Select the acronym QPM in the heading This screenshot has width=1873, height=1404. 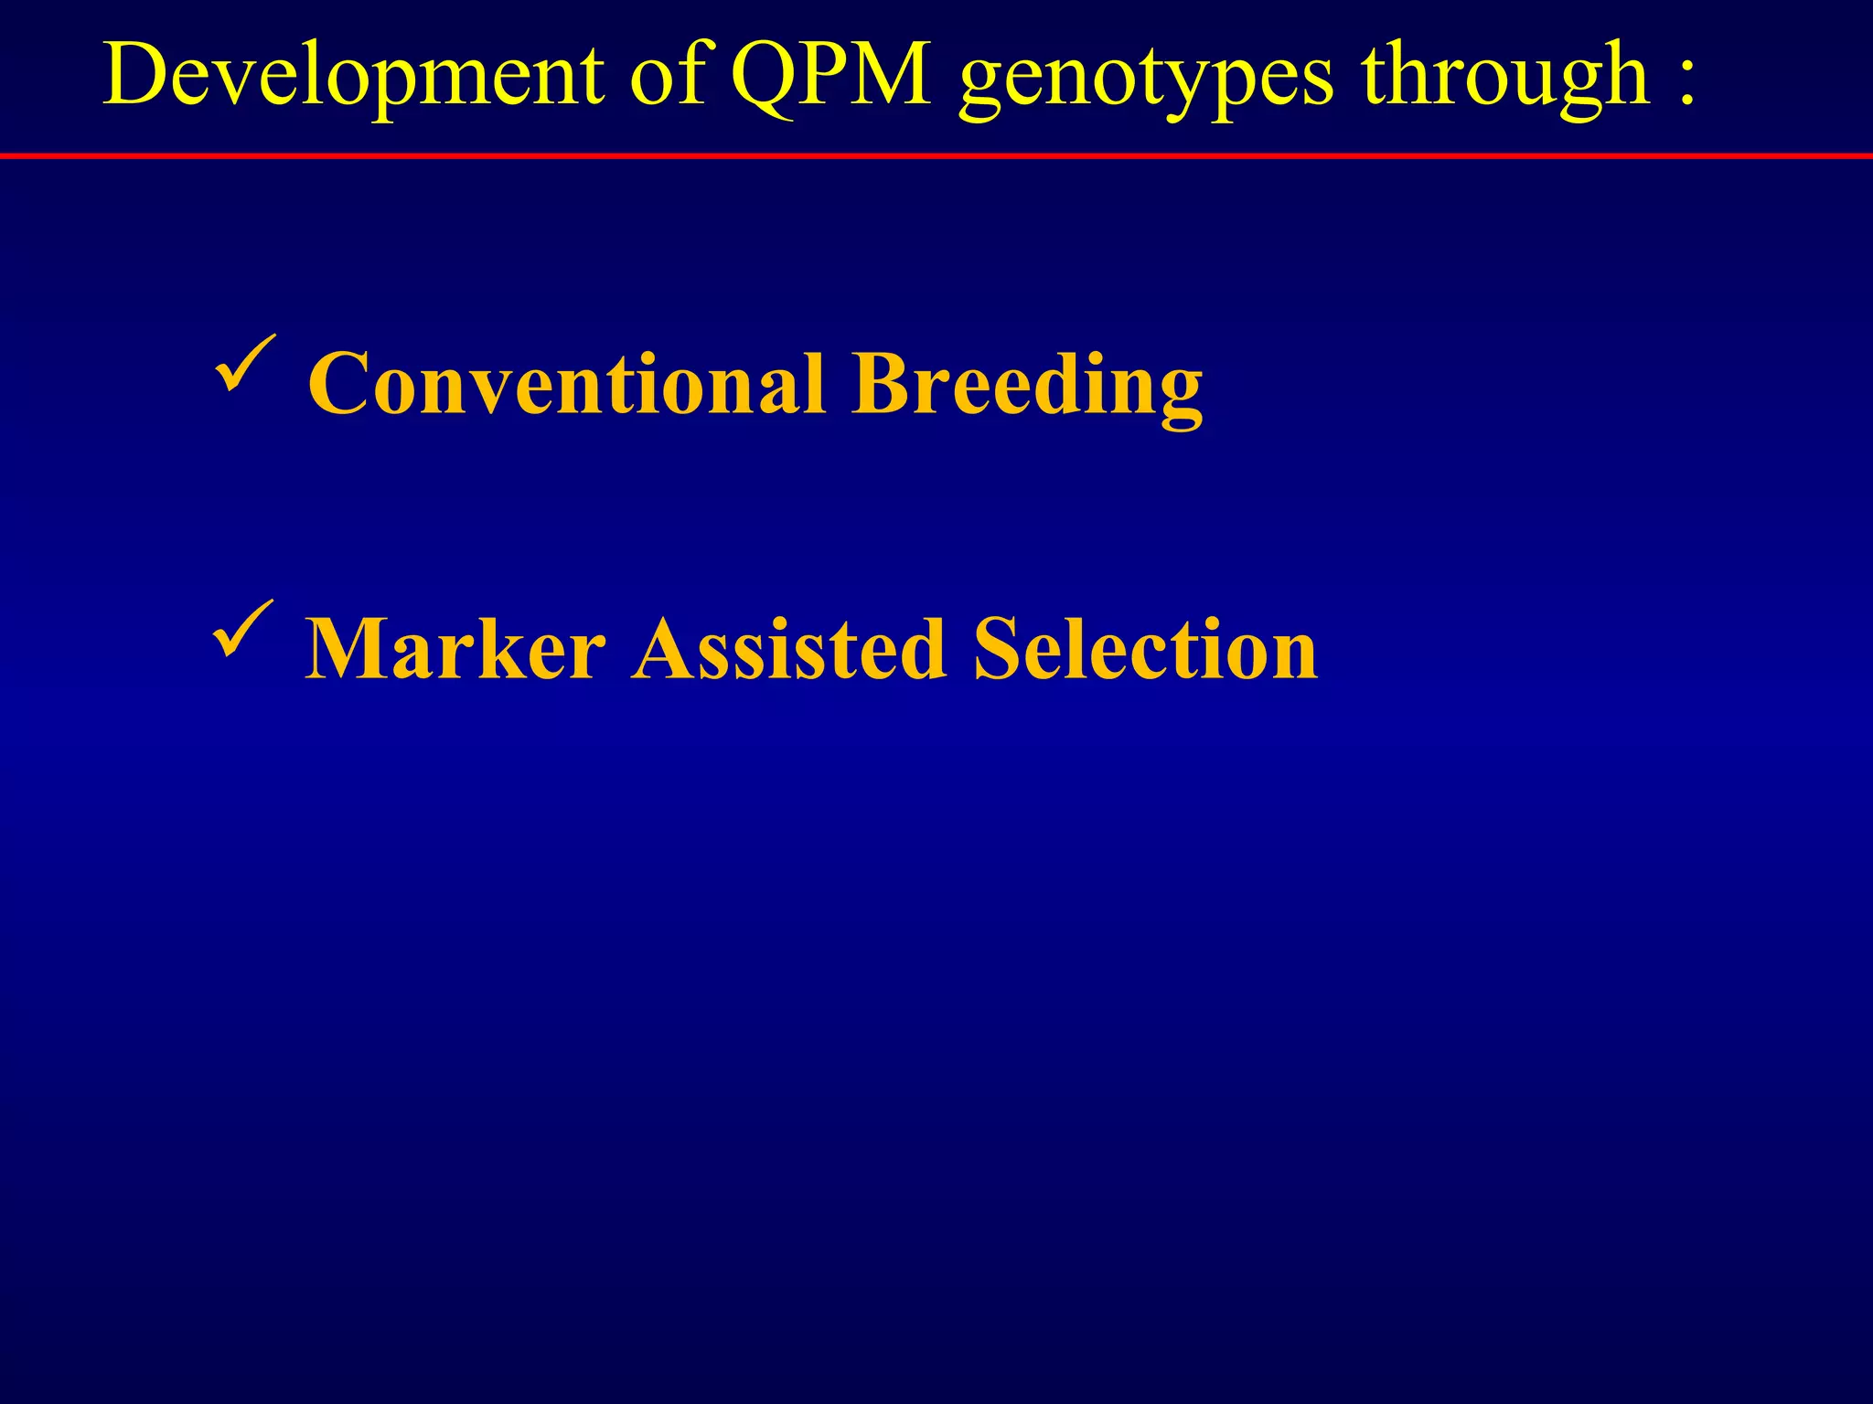pyautogui.click(x=830, y=75)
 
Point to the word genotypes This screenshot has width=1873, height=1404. pyautogui.click(x=1146, y=82)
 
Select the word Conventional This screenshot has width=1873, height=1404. pyautogui.click(x=567, y=384)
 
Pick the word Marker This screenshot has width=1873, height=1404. pyautogui.click(x=455, y=649)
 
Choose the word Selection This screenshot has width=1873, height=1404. pyautogui.click(x=1146, y=649)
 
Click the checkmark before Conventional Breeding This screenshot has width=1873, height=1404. pyautogui.click(x=245, y=364)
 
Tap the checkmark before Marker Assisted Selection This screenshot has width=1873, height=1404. pyautogui.click(x=243, y=629)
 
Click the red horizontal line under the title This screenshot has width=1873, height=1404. pyautogui.click(x=936, y=156)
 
